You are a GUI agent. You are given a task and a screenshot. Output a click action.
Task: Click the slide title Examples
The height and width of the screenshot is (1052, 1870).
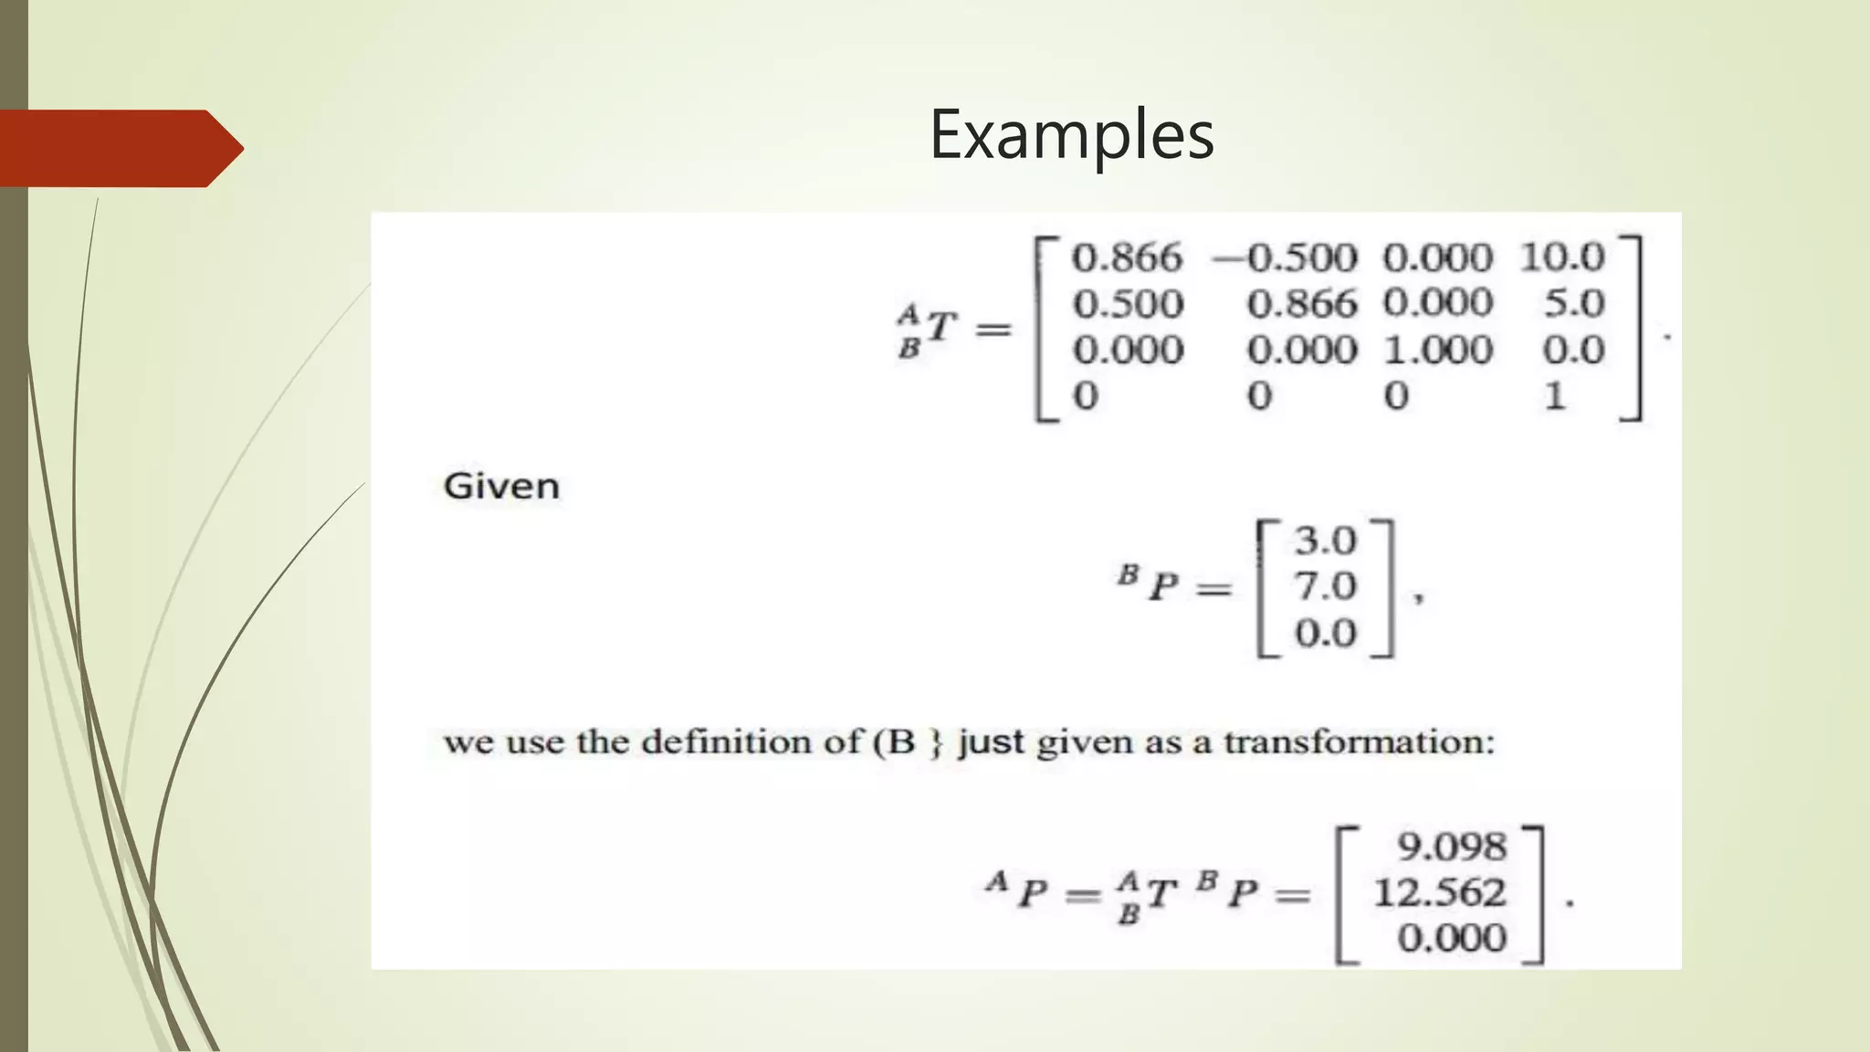(1071, 135)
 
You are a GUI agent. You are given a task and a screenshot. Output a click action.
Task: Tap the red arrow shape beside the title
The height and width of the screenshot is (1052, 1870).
(119, 148)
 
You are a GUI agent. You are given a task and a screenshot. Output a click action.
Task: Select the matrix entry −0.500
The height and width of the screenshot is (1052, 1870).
(1285, 258)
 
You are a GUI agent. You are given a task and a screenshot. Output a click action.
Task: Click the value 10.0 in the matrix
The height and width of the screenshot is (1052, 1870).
(1561, 258)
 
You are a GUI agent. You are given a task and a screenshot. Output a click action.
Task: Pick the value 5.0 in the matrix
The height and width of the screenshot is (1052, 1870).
(1573, 303)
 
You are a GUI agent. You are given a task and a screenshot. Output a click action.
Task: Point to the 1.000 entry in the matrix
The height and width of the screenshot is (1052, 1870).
(1437, 350)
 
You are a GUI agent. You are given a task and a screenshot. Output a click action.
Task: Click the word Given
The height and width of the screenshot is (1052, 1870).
(501, 486)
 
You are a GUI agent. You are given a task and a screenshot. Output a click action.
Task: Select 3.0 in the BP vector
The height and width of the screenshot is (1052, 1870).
(1325, 541)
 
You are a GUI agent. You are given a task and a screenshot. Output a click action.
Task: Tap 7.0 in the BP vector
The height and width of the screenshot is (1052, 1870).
(1325, 586)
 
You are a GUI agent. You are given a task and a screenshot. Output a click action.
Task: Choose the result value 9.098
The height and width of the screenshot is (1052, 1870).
(1451, 847)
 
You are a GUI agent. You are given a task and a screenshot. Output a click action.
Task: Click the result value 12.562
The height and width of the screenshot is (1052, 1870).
(1439, 892)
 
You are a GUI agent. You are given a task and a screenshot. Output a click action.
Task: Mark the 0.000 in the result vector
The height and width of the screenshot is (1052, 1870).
(1451, 938)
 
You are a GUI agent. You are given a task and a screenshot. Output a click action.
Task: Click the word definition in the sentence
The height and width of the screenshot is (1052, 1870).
(727, 742)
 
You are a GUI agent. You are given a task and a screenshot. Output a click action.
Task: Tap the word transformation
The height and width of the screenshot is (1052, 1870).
(1359, 742)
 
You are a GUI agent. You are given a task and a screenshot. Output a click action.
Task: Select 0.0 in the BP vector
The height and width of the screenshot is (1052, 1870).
(1325, 633)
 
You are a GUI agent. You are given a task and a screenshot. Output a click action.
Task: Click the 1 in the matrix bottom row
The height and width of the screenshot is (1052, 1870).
(1555, 395)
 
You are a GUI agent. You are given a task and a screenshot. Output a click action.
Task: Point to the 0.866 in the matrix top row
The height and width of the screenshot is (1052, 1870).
(1127, 258)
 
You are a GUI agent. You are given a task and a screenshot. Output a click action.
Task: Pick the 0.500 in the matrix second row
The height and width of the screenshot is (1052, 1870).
(1128, 303)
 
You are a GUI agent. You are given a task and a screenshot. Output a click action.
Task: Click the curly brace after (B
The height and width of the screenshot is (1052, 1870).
(935, 742)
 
